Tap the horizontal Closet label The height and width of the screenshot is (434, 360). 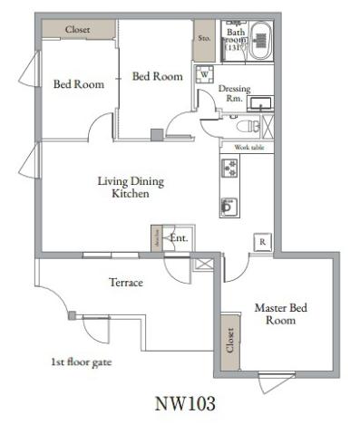coord(78,30)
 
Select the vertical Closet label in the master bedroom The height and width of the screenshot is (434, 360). coord(230,342)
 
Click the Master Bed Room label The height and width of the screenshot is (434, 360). coord(280,314)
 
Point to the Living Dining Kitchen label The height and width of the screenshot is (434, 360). coord(131,188)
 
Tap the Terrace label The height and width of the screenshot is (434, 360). coord(126,283)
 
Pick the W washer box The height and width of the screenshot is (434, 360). coord(204,74)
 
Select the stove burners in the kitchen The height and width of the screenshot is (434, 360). coord(229,169)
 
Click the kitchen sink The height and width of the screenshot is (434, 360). coord(227,206)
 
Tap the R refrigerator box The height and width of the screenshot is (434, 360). coord(261,242)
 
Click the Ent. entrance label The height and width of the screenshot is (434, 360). coord(179,238)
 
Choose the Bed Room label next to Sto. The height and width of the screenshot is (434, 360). coord(157,77)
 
